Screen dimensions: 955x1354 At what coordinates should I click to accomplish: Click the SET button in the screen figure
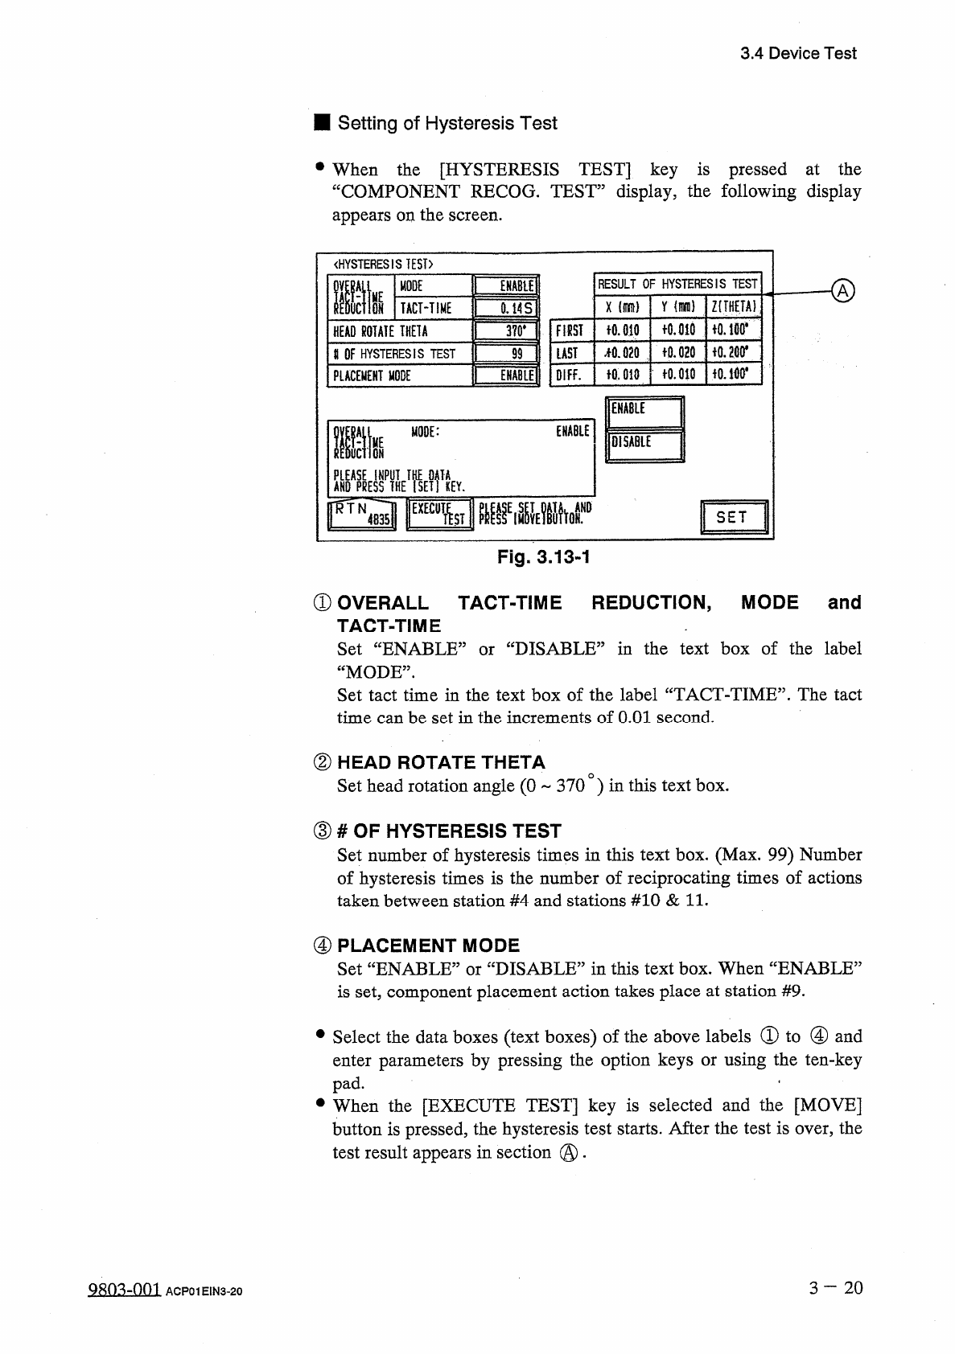click(x=735, y=517)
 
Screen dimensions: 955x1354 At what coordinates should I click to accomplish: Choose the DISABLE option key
click(x=644, y=445)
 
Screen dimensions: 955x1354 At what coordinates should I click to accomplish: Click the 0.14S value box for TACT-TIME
click(x=506, y=309)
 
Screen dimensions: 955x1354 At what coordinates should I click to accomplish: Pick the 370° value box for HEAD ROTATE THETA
click(x=506, y=331)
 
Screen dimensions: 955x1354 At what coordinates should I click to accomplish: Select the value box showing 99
click(x=506, y=354)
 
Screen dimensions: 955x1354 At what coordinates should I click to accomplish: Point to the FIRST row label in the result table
click(x=569, y=330)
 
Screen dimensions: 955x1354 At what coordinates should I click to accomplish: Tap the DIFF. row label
click(x=569, y=375)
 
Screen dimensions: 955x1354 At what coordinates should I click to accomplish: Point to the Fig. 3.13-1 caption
click(x=544, y=556)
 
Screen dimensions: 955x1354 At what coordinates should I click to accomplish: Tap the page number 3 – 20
click(x=836, y=1288)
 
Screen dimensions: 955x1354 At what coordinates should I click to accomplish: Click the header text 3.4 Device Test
click(x=798, y=54)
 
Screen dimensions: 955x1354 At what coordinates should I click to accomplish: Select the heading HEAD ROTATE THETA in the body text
click(x=441, y=762)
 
